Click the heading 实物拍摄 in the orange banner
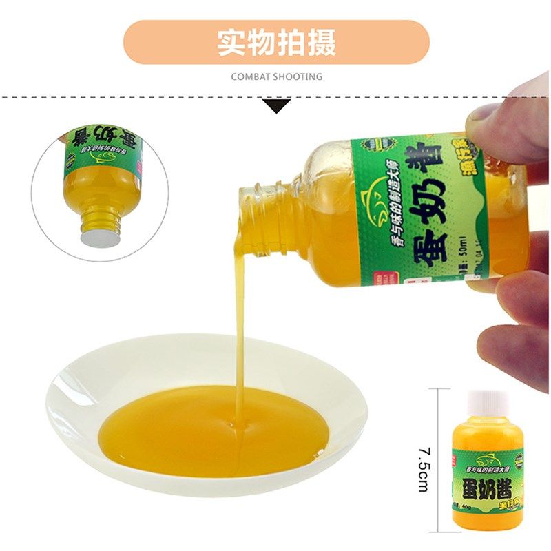click(276, 42)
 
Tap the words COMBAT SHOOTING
click(276, 76)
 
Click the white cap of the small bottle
click(487, 402)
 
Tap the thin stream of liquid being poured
click(239, 324)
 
